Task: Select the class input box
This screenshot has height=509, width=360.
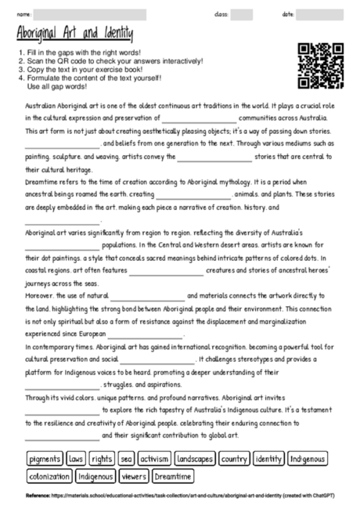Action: pos(242,14)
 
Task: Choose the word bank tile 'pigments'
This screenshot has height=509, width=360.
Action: pos(45,458)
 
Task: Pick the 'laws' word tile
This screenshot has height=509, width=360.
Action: pos(76,458)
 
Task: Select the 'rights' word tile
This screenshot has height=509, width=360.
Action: pos(101,458)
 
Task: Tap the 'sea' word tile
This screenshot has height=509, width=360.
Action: pos(126,458)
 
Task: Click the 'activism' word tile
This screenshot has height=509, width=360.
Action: pos(154,458)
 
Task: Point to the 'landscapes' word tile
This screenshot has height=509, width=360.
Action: pos(195,458)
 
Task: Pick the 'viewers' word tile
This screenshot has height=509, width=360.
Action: pos(135,475)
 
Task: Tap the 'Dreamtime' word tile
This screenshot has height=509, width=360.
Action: pos(172,475)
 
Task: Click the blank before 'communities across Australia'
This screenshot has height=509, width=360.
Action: pos(199,118)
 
